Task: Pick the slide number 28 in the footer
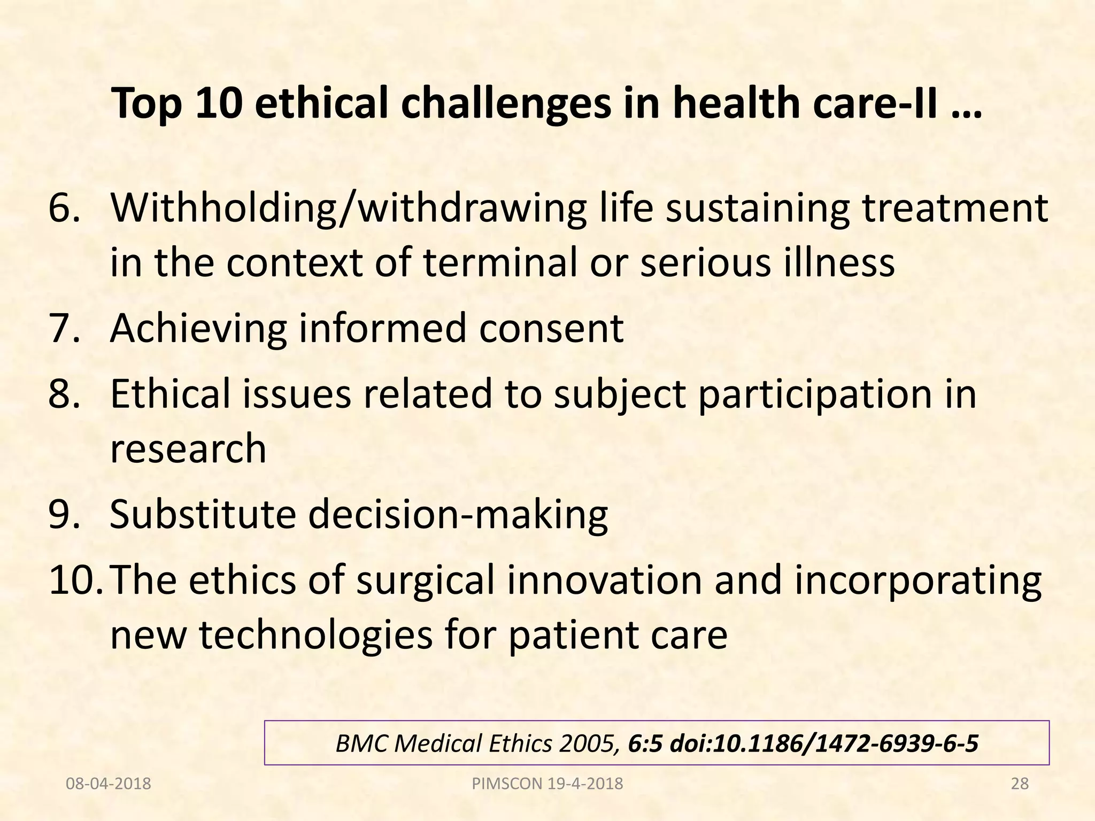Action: point(1020,784)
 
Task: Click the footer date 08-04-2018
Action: point(108,784)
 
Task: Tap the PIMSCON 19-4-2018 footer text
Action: point(547,784)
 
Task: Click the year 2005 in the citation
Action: point(588,743)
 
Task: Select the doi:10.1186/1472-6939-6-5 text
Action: point(823,743)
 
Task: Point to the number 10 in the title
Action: point(217,103)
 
